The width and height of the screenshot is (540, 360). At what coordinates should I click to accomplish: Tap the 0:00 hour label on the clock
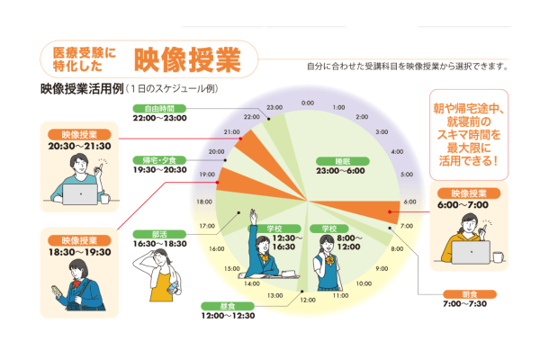coord(308,103)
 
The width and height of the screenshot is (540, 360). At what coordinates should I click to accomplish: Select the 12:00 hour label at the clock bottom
coord(308,299)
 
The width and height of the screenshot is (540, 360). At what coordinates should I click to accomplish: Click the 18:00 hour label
coord(205,202)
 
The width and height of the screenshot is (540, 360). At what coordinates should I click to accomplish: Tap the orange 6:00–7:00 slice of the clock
coord(360,209)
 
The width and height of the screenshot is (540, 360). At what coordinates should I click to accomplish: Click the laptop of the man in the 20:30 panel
coord(79,193)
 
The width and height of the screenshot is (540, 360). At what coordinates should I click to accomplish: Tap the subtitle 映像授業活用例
coord(80,89)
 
